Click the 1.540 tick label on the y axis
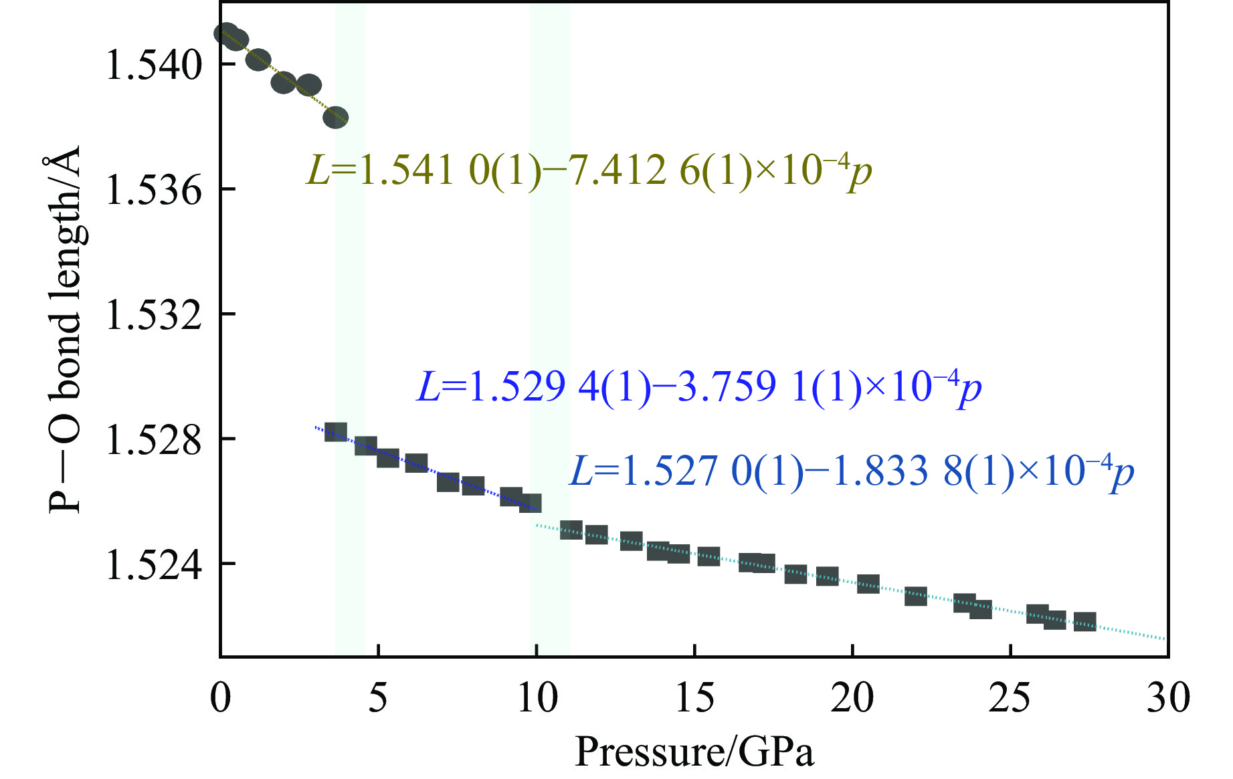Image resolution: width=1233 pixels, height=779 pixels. point(153,66)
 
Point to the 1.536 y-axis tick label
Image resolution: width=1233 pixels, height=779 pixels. point(153,191)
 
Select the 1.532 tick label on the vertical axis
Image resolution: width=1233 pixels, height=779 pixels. point(153,316)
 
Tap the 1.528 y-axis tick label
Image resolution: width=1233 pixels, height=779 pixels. point(153,441)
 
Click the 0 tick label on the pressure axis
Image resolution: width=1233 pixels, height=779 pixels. point(220,697)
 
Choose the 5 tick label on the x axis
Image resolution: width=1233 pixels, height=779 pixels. point(378,697)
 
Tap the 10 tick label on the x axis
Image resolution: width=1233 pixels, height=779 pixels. point(537,697)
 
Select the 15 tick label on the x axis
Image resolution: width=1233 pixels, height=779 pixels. point(694,697)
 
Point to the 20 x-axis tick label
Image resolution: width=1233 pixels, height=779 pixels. point(852,697)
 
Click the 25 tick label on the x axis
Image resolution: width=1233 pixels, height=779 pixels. point(1010,697)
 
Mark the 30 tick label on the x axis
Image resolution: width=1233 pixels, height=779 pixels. point(1168,697)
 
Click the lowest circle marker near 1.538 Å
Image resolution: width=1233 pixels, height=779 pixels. point(336,118)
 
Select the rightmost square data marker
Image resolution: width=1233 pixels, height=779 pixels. point(1084,622)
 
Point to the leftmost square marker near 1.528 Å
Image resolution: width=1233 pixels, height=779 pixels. point(335,432)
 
